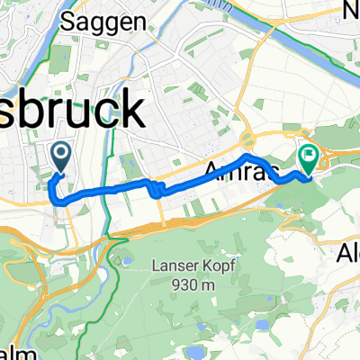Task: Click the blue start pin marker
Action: (61, 157)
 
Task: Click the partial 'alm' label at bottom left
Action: (9, 352)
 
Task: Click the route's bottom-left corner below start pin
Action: (61, 202)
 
